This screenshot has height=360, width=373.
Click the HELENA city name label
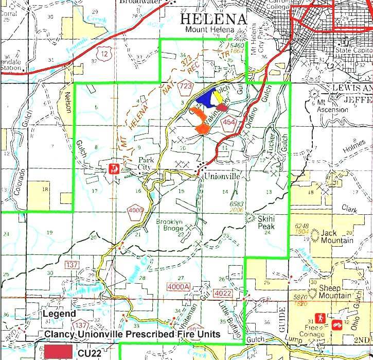tap(213, 19)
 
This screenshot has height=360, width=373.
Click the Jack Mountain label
tap(337, 236)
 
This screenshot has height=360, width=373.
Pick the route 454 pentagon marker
tap(229, 122)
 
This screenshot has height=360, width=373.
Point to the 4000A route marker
tap(179, 286)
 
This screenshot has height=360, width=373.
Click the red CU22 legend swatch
tap(58, 352)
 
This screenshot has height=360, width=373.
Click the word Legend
tap(59, 313)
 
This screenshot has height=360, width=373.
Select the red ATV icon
tap(337, 324)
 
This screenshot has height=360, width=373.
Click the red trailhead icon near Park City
tap(115, 168)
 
